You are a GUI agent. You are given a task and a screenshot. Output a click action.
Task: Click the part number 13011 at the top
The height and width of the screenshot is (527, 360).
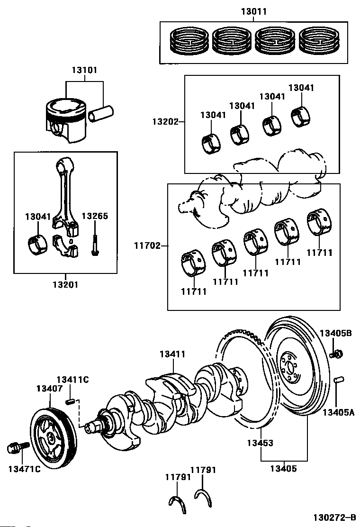click(x=253, y=12)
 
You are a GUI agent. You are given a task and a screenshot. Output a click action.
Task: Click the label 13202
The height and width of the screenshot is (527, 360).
click(x=164, y=121)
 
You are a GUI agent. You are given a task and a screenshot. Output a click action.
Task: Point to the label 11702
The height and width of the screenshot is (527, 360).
click(x=146, y=245)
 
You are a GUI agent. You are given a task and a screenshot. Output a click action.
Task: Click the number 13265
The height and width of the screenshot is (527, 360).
click(x=95, y=216)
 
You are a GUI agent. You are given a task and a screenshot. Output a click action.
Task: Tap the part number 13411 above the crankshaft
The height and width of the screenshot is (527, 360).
click(x=172, y=354)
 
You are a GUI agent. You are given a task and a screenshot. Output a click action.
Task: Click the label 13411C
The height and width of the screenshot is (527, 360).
click(x=72, y=380)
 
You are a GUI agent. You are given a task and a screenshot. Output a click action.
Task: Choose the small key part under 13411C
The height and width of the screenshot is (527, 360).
click(x=70, y=402)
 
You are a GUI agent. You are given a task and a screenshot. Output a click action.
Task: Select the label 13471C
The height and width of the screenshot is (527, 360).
click(x=24, y=469)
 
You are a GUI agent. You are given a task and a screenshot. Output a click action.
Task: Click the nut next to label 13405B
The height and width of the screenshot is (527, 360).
click(x=337, y=353)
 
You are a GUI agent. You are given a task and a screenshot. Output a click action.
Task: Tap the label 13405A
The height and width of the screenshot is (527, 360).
click(x=338, y=412)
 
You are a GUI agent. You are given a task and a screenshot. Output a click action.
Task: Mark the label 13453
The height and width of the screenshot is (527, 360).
click(x=260, y=443)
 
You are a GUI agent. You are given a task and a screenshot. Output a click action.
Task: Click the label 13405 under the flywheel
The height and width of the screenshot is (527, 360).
click(x=284, y=469)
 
